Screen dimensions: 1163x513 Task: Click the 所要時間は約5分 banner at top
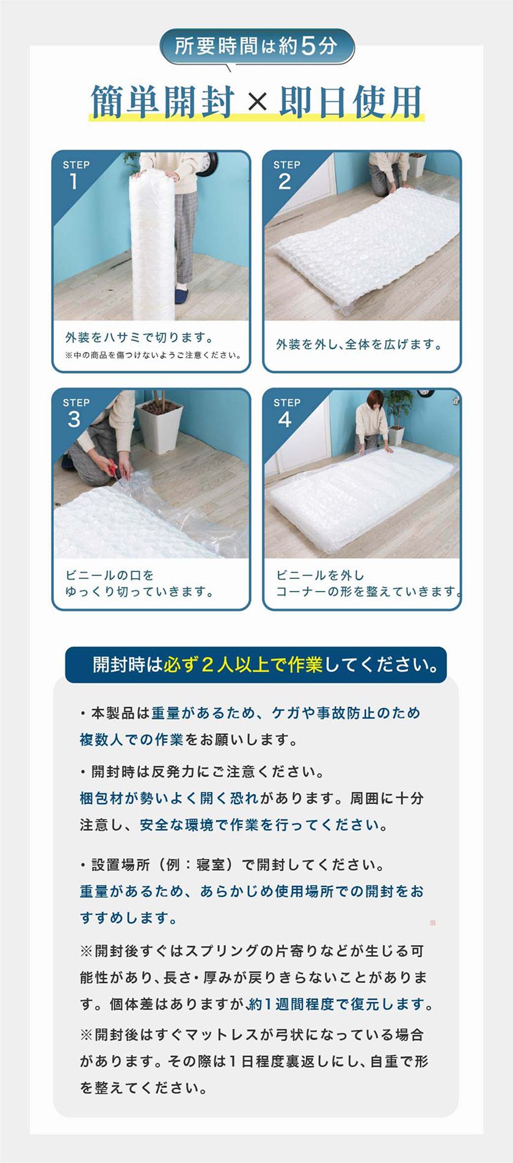tap(256, 46)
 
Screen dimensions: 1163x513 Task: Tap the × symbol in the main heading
tap(258, 101)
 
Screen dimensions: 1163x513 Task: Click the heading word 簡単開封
tap(163, 101)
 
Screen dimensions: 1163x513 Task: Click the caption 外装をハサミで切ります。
tap(140, 338)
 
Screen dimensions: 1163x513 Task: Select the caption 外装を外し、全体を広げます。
tap(360, 344)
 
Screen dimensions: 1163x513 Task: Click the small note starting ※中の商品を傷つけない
tap(153, 355)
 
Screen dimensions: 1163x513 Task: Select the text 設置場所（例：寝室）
tap(162, 864)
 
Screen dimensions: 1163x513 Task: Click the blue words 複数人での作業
tap(131, 740)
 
